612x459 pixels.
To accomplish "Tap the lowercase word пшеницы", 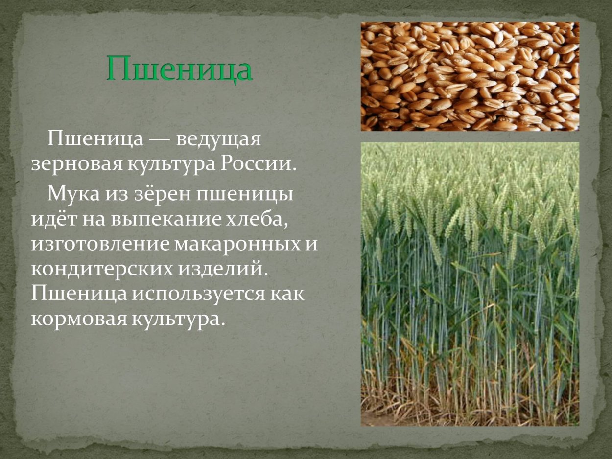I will coord(245,195).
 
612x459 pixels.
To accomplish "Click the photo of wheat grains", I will coord(470,76).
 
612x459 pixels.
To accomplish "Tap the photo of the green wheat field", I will coord(470,284).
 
